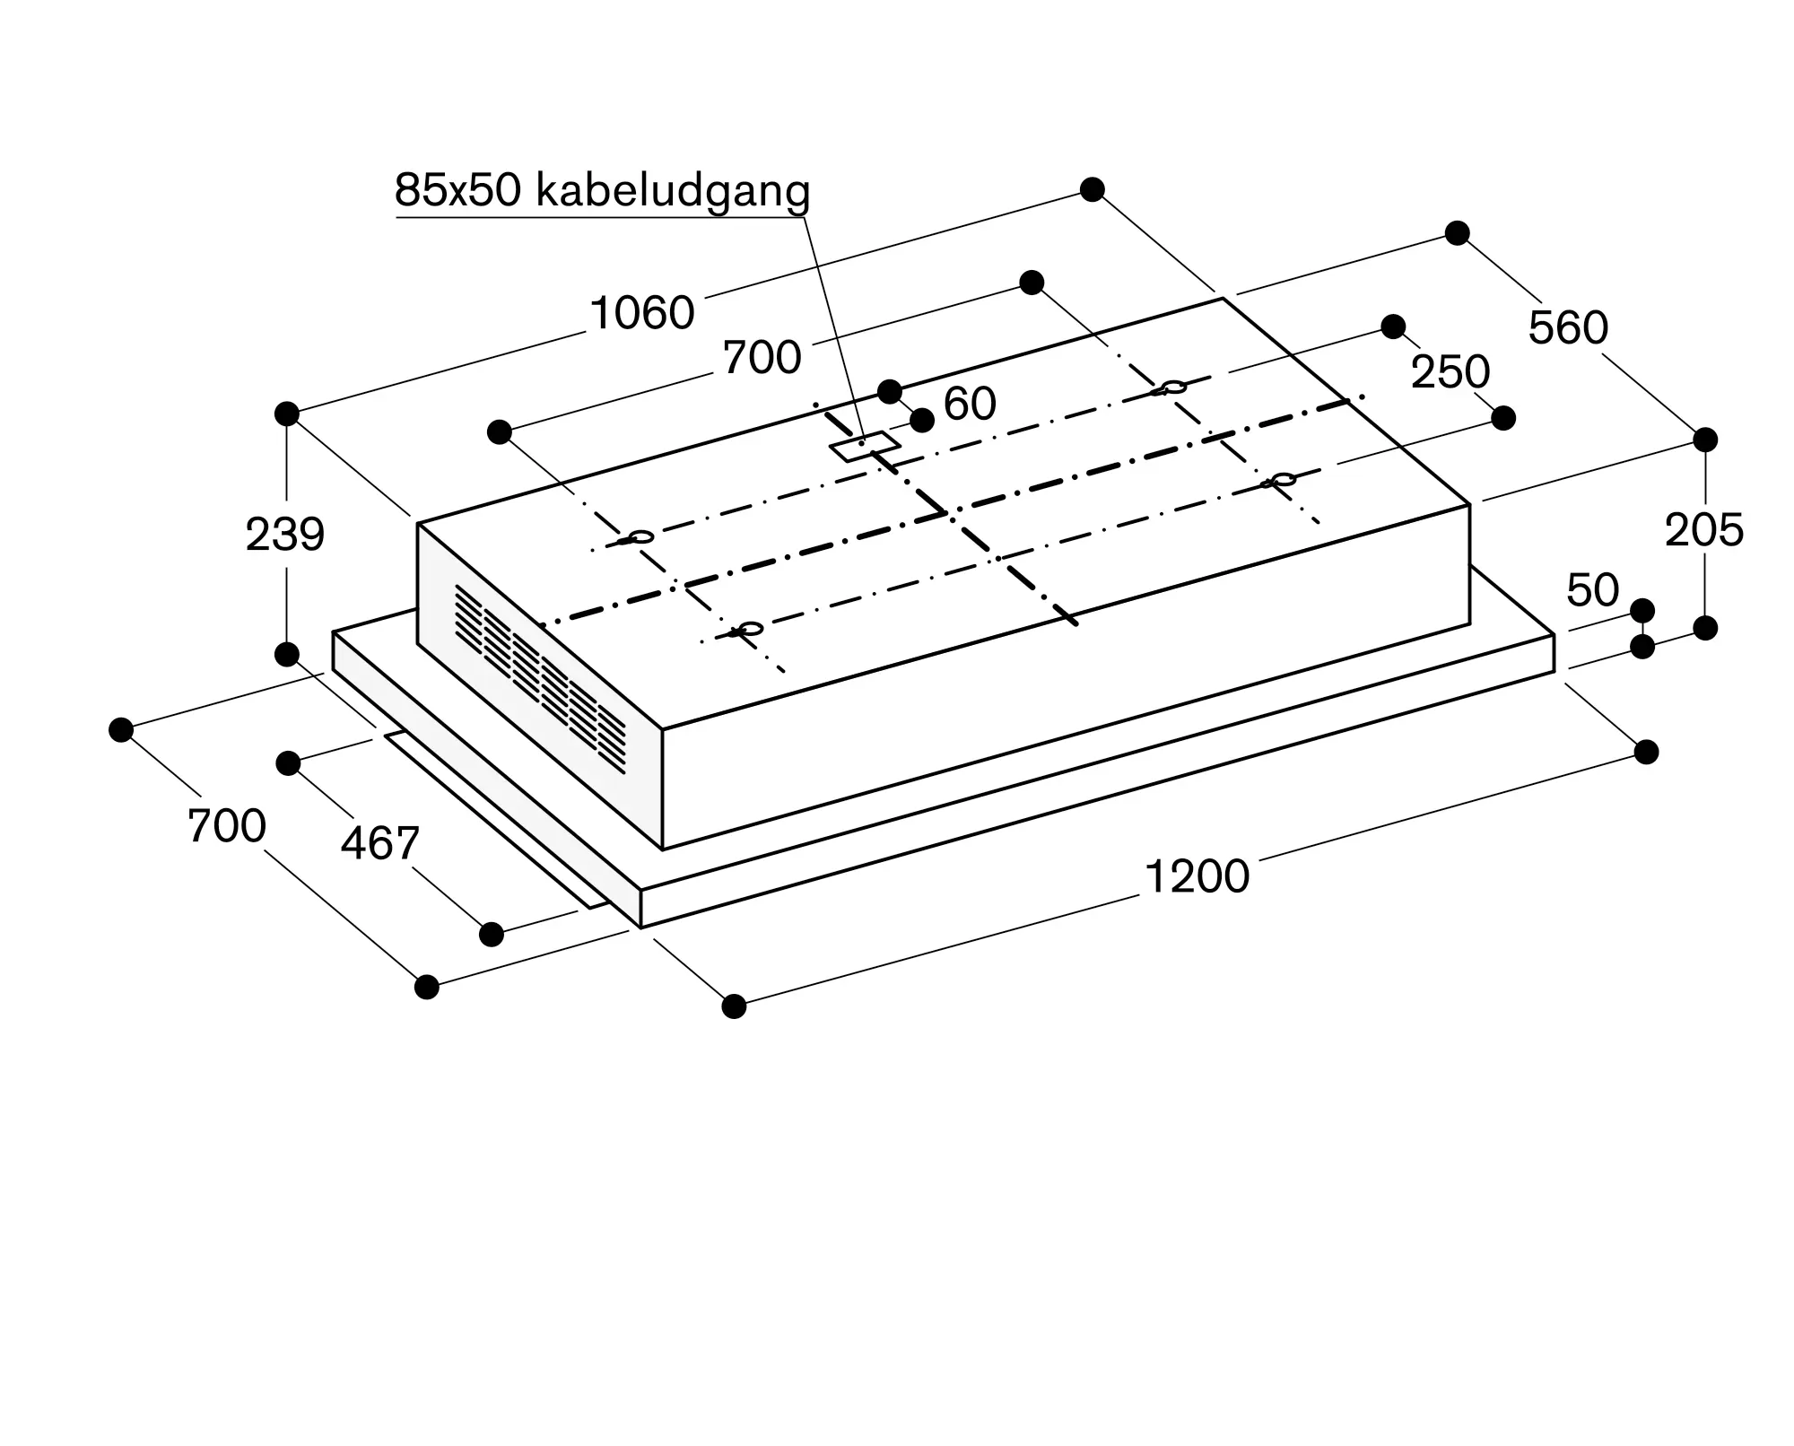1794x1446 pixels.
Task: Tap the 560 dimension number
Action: tap(1568, 328)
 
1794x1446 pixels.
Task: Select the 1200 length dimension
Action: tap(1197, 877)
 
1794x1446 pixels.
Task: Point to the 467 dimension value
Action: tap(379, 844)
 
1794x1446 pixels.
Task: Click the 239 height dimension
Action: tap(285, 535)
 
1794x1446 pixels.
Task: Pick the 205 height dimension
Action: tap(1704, 530)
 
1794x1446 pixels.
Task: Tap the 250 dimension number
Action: tap(1450, 372)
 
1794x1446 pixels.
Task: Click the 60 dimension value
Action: tap(970, 404)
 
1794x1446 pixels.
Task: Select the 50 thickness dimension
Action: tap(1592, 590)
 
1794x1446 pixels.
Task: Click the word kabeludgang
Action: tap(673, 190)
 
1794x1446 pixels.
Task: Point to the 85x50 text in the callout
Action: tap(457, 190)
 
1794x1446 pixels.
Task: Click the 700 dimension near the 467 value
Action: tap(227, 826)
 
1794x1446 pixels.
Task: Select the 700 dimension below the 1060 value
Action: tap(762, 358)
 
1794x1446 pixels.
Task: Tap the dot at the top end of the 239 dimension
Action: tap(287, 414)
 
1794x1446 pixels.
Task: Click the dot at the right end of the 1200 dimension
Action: tap(1646, 752)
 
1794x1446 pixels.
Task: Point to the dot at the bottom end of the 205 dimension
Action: tap(1705, 628)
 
